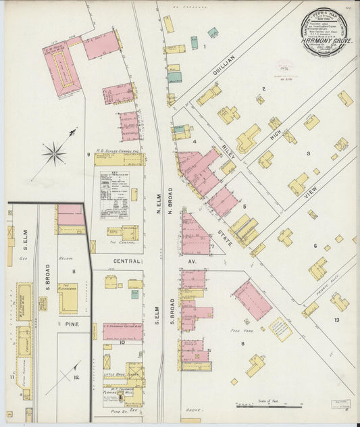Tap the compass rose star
(55, 154)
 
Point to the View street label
(311, 193)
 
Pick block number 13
(336, 320)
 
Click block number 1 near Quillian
(205, 47)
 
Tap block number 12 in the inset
(76, 377)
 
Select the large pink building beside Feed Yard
(252, 299)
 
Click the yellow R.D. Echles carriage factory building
(119, 159)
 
